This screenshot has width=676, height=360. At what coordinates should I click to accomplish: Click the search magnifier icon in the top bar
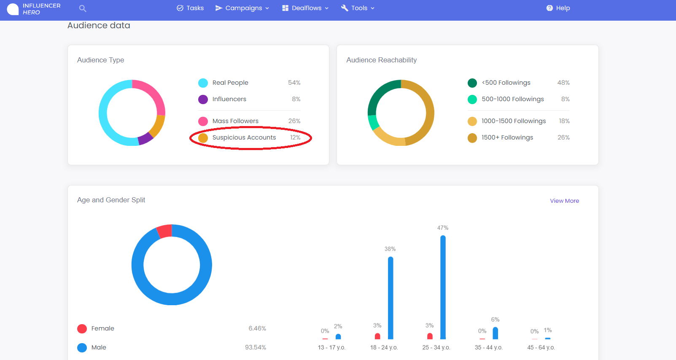[82, 8]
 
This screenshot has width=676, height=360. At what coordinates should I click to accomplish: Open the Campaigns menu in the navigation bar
[242, 8]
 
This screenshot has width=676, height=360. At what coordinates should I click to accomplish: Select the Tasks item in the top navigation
[190, 8]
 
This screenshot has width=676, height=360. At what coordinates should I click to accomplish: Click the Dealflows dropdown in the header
[305, 8]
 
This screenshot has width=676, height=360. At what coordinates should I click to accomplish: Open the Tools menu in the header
[358, 8]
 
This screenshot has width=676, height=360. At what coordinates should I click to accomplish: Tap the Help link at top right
[558, 8]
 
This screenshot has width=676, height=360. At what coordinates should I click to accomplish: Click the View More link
[564, 201]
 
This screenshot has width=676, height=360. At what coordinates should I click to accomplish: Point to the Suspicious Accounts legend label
[244, 137]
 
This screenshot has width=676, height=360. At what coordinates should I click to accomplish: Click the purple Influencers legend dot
[203, 99]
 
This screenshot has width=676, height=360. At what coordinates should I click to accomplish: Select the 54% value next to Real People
[294, 83]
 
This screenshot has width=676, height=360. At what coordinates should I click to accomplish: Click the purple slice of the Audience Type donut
[145, 139]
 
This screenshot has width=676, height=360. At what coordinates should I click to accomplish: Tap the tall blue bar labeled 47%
[443, 287]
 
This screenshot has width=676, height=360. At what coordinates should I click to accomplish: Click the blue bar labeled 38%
[391, 298]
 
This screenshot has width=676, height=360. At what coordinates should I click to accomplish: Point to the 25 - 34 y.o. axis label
[436, 348]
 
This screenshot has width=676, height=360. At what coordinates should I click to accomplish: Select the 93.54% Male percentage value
[255, 348]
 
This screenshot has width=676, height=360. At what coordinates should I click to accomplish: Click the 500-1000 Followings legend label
[513, 99]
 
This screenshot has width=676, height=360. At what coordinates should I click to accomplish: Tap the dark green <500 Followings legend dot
[472, 83]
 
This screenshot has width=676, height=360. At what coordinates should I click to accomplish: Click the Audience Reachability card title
[382, 60]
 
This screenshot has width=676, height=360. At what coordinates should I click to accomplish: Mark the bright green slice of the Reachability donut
[373, 122]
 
